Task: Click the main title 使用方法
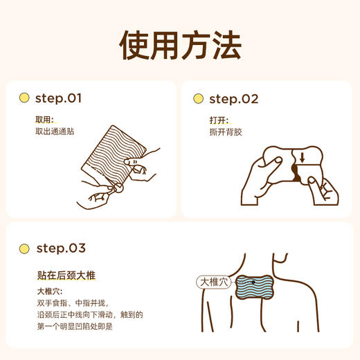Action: [x=180, y=45]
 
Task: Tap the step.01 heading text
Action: [x=58, y=99]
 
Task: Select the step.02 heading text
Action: [x=233, y=99]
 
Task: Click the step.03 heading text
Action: [x=60, y=248]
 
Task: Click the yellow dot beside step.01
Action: [x=24, y=99]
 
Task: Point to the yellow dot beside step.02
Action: [x=198, y=99]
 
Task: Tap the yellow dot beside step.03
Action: [x=24, y=248]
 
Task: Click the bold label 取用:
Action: [x=44, y=120]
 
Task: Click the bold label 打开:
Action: [x=219, y=120]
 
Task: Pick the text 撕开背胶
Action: [x=228, y=132]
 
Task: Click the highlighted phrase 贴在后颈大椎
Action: [x=66, y=275]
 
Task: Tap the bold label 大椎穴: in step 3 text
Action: [x=50, y=291]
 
